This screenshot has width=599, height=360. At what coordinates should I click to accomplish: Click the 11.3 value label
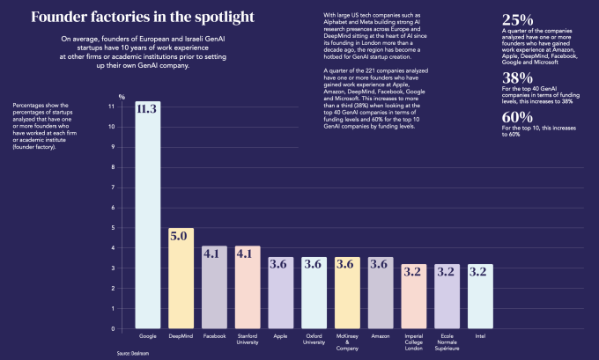[x=147, y=109]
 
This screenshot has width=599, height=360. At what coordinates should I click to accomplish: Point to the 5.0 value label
[x=181, y=236]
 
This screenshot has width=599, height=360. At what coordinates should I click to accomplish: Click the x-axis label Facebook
[x=214, y=336]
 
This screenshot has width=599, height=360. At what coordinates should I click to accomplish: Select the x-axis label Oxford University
[x=314, y=339]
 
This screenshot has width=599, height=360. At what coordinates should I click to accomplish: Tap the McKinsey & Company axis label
[x=347, y=342]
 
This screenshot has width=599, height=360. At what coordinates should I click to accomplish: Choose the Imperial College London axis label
[x=414, y=342]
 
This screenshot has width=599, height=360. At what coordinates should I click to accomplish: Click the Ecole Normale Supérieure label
[x=447, y=342]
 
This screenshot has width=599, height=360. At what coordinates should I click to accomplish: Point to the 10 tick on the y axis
[x=111, y=127]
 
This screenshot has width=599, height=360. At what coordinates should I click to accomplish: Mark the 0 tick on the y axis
[x=112, y=329]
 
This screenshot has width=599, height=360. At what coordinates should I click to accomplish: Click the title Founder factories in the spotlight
[x=130, y=17]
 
